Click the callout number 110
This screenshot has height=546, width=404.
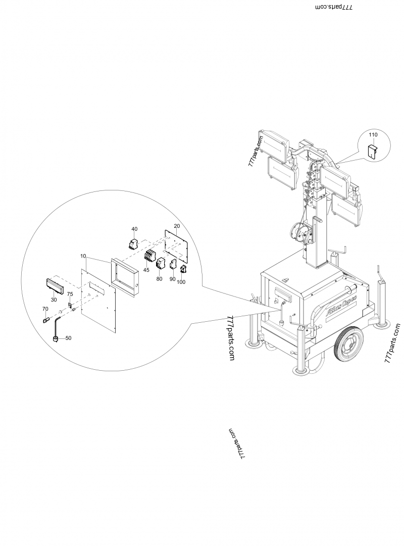373,135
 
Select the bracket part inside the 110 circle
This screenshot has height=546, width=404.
372,151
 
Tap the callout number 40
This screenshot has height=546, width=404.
134,228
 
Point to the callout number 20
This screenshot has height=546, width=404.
177,225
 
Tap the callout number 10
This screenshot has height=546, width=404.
83,257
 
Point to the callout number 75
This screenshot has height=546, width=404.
70,294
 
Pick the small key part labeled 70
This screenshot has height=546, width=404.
45,319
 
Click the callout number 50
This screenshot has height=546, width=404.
68,338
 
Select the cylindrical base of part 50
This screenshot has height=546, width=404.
57,339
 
